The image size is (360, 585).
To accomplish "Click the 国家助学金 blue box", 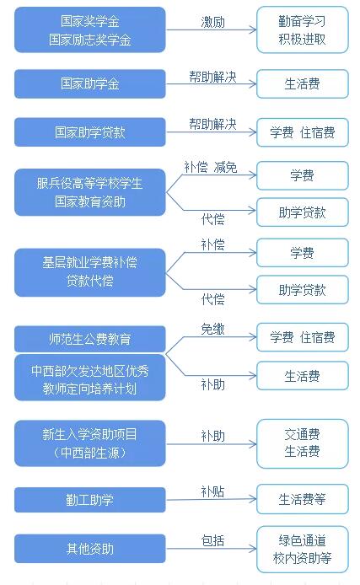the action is (x=90, y=83).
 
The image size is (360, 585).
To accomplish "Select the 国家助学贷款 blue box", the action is (x=90, y=132).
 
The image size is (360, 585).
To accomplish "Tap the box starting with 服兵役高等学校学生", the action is (x=90, y=192).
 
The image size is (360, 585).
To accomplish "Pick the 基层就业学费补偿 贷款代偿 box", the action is (x=90, y=272).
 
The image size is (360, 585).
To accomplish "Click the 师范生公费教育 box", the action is (x=90, y=339).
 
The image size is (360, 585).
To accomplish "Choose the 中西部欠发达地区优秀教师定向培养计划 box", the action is (x=90, y=378).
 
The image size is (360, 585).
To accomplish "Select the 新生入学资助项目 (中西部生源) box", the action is (x=90, y=443).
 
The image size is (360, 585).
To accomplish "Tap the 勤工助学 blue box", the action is (x=90, y=500).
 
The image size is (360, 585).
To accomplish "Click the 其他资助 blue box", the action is (x=90, y=549).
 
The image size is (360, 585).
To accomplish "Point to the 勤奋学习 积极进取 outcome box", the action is (x=303, y=30).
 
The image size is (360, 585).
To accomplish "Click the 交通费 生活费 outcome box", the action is (x=303, y=443).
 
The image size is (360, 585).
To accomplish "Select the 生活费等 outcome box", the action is (x=303, y=499).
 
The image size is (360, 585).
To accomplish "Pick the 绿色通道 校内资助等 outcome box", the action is (x=303, y=550).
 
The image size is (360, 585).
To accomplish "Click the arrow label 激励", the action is (x=212, y=22).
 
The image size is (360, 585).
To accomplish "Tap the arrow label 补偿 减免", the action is (x=211, y=167).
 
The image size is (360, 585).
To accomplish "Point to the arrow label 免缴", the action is (x=212, y=329).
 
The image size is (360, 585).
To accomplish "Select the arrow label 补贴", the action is (x=212, y=491).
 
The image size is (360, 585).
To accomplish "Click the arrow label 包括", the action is (x=212, y=540).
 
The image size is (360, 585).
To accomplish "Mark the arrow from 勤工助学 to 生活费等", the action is (x=211, y=499).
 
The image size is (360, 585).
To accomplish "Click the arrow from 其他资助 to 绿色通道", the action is (x=211, y=549).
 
